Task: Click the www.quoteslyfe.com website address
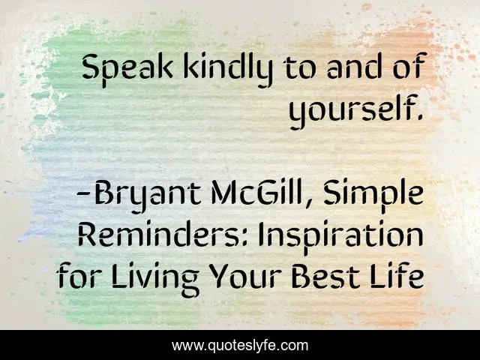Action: tap(240, 346)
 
